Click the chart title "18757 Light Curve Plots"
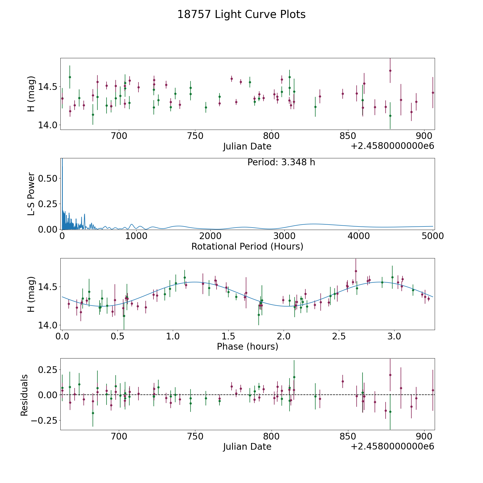tap(241, 14)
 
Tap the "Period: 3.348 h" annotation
tap(281, 162)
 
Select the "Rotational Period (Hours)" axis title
tap(247, 246)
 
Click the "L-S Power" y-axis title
tap(31, 194)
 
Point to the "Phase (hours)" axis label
tap(247, 346)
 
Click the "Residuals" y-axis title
tap(24, 395)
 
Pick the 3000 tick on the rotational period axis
tap(284, 236)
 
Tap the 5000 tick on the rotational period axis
tap(433, 236)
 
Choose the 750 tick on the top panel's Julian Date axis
tap(195, 136)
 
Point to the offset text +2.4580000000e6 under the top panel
tap(392, 146)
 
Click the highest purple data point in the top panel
tap(390, 71)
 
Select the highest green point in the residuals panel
tap(294, 377)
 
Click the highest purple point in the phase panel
tap(356, 271)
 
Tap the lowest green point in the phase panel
tap(124, 316)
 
